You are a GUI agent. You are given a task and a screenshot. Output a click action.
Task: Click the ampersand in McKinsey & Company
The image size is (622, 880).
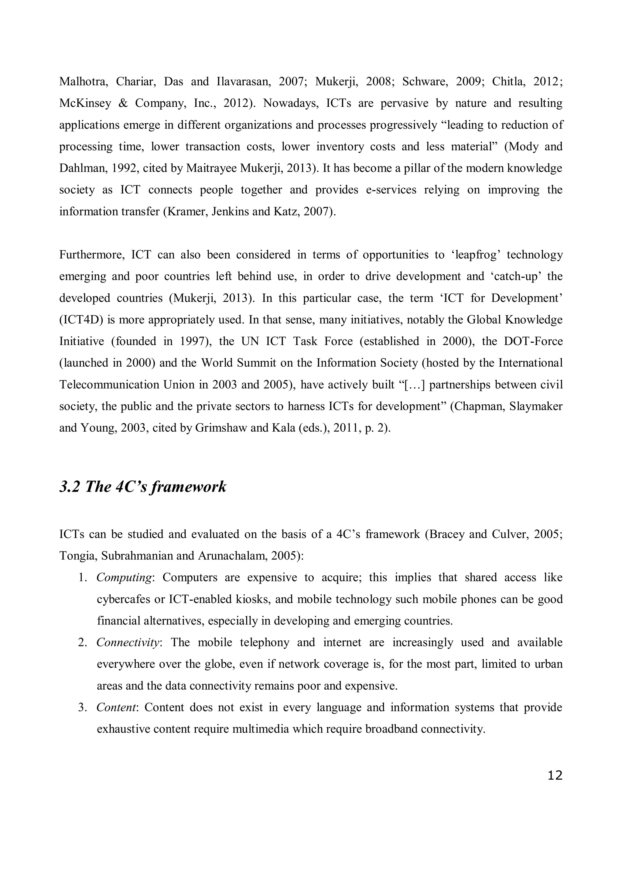(x=123, y=104)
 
